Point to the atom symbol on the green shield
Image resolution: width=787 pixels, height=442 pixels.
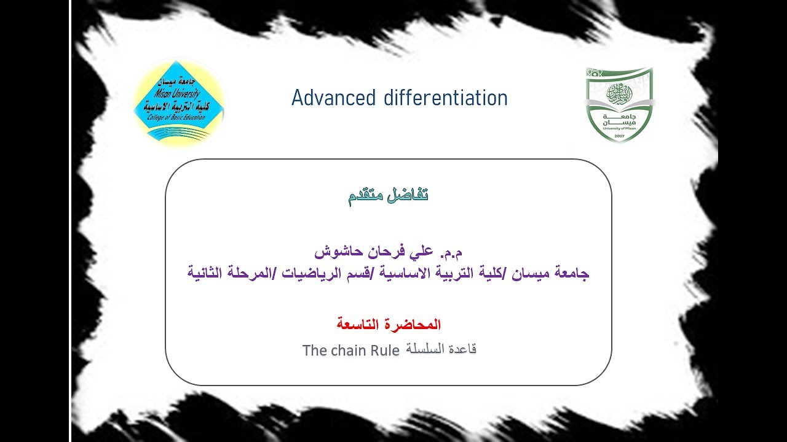click(x=591, y=72)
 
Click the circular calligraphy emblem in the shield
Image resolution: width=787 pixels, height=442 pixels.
click(x=619, y=93)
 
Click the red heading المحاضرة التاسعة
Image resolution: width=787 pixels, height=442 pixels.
click(x=388, y=324)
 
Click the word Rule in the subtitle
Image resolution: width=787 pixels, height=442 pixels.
click(x=384, y=351)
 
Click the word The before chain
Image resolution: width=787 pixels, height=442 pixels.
click(x=315, y=351)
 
